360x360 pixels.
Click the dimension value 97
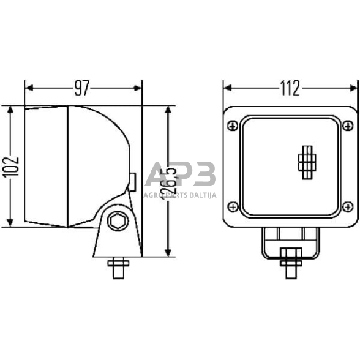click(82, 89)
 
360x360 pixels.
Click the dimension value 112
click(290, 89)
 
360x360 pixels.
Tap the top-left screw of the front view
click(231, 126)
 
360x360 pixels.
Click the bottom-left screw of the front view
click(231, 206)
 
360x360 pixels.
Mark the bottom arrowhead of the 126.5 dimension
click(168, 253)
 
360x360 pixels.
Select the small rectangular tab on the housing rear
click(132, 180)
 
